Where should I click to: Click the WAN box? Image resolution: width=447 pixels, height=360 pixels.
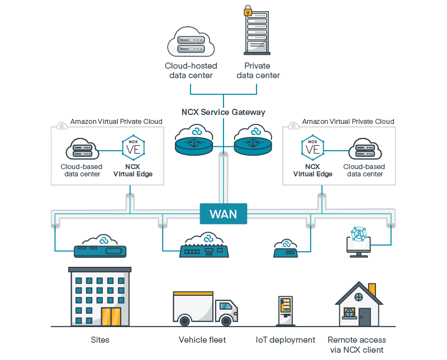click(x=223, y=214)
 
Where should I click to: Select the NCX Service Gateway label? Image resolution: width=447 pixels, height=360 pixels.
click(x=223, y=112)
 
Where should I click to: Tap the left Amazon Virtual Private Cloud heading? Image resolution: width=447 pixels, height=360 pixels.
click(x=116, y=121)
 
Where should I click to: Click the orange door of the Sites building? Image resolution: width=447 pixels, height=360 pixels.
click(x=111, y=316)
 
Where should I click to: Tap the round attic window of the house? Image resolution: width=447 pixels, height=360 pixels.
click(x=358, y=296)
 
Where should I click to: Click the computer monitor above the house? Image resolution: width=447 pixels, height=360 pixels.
click(x=358, y=244)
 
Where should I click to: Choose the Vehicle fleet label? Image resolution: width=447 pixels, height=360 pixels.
click(x=202, y=340)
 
